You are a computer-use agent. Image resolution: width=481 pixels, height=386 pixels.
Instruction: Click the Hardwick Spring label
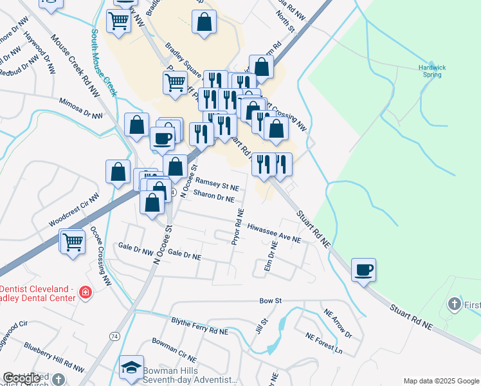pos(431,71)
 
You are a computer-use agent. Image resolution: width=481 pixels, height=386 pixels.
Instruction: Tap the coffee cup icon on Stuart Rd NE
pos(364,270)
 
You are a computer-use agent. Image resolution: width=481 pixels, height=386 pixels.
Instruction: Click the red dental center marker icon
pos(84,293)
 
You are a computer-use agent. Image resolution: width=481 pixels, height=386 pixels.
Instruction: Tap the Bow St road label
pos(271,300)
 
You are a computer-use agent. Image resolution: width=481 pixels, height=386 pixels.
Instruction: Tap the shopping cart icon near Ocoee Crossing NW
pos(73,242)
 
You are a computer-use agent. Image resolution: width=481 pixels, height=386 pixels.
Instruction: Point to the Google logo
pos(21,378)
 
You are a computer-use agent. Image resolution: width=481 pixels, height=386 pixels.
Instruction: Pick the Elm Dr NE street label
pos(273,256)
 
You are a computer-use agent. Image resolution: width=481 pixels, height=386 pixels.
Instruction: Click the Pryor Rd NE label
pos(237,226)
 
